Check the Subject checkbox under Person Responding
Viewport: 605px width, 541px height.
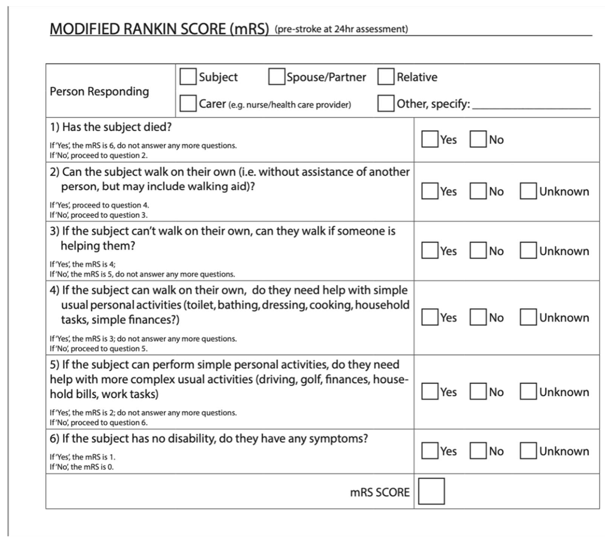(188, 77)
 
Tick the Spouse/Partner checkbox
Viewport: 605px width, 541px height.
(276, 77)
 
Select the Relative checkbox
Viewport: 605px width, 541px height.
(386, 77)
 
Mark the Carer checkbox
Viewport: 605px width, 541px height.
(188, 103)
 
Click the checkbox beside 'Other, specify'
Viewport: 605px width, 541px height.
(386, 103)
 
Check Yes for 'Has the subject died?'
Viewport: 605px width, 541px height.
(430, 139)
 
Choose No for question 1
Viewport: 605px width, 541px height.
(478, 139)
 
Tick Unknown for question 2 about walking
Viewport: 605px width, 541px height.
(528, 191)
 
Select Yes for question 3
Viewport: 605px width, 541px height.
(430, 250)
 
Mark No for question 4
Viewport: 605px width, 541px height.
(478, 317)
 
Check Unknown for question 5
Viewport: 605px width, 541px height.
(528, 392)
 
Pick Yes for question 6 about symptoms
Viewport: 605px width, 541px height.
(430, 451)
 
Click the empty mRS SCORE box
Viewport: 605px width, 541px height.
(431, 491)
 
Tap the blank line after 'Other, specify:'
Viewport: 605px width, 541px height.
(531, 105)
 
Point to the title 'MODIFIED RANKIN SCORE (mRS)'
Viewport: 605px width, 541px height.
(159, 29)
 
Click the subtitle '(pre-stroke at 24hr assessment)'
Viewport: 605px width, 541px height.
(341, 29)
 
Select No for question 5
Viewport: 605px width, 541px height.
(478, 392)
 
